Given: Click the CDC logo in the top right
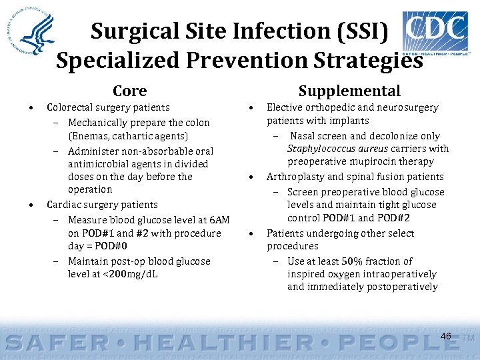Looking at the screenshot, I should pos(435,33).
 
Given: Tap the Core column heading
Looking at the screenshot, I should pos(129,91).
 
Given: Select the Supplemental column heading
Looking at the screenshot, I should pos(349,91).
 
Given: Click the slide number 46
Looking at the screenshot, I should pos(446,336).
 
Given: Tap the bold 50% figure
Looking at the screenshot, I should pos(347,261).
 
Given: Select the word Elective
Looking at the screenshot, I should pos(285,107).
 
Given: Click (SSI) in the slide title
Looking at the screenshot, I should pos(365,31).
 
